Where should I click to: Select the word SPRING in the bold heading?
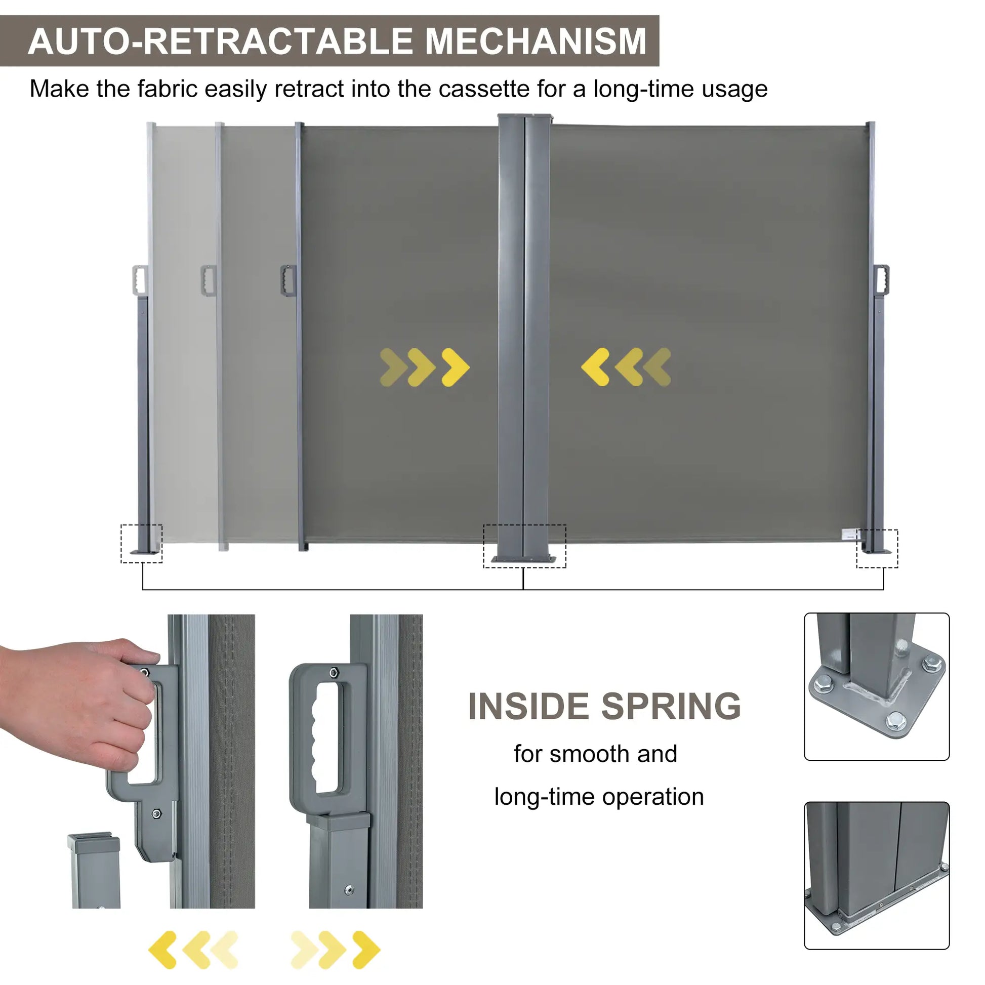pos(671,707)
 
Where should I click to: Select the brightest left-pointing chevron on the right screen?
pos(595,367)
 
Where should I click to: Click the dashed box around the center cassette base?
pos(524,546)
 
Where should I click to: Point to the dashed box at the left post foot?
pos(141,544)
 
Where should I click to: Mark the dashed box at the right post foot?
pos(877,549)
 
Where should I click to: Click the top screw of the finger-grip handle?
pos(334,673)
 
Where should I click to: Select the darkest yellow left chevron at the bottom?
pos(162,949)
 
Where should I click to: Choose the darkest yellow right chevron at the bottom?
pos(366,949)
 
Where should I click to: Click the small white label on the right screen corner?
pos(849,535)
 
